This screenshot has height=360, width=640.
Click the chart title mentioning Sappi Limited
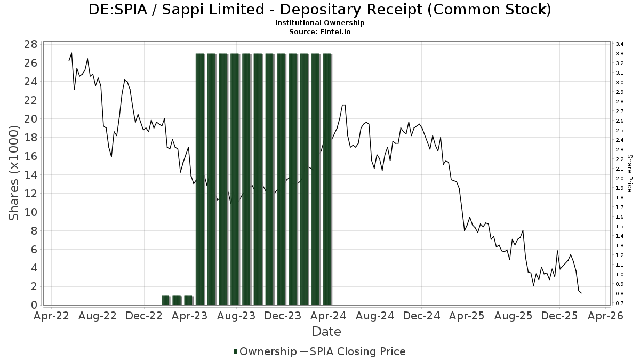click(x=319, y=10)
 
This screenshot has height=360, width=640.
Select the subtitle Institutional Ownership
click(x=319, y=23)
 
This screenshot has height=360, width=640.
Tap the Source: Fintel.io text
click(x=319, y=31)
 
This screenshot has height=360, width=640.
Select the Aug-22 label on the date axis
click(x=98, y=316)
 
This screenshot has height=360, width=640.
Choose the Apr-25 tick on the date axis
click(x=467, y=316)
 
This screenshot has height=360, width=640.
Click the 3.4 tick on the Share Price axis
click(x=620, y=44)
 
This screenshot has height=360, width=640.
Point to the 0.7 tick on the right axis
click(x=620, y=303)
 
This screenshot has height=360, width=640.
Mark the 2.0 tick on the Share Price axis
click(x=620, y=179)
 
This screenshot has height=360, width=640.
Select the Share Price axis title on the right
click(x=629, y=173)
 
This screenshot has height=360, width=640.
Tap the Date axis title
click(x=326, y=332)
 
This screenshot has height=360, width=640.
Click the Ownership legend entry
click(x=265, y=351)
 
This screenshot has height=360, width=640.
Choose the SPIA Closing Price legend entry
click(x=353, y=351)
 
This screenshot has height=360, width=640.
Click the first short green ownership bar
click(x=165, y=300)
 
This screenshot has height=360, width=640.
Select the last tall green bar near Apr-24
click(x=327, y=179)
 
